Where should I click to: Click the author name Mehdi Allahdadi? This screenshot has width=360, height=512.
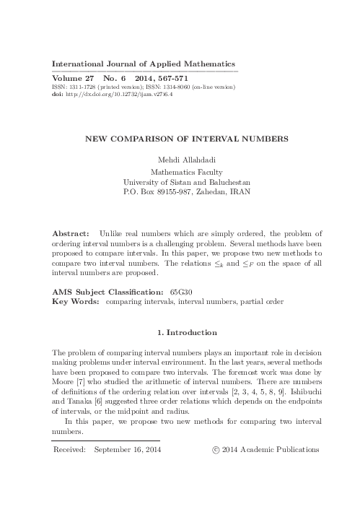click(180, 159)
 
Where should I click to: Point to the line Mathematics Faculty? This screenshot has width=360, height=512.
click(180, 172)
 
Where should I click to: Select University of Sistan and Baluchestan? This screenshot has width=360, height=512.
click(180, 183)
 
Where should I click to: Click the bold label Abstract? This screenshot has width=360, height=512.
click(72, 235)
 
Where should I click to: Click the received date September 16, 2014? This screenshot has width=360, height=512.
click(128, 449)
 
